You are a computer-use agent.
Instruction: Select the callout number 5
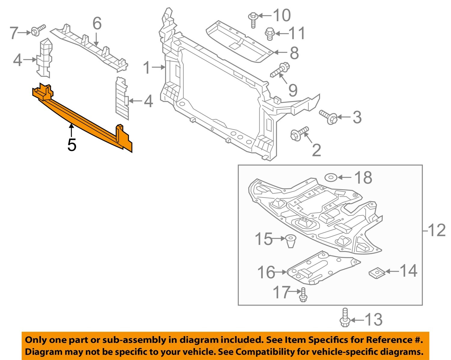pos(72,145)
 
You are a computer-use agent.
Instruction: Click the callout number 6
pos(97,23)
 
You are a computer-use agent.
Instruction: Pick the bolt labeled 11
pos(270,33)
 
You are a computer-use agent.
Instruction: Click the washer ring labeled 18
pos(331,177)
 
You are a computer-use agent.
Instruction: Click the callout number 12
pos(437,230)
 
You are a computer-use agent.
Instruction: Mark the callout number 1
pos(146,68)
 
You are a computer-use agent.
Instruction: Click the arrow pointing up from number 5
pos(71,131)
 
